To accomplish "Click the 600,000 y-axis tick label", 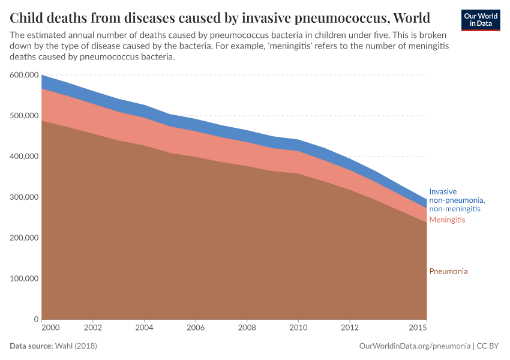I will pos(25,75).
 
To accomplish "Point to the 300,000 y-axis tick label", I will pos(25,197).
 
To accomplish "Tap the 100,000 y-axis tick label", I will pos(25,279).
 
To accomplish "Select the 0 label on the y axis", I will pos(37,320).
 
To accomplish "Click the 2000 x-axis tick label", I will pos(50,328).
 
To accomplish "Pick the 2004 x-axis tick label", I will pos(144,328).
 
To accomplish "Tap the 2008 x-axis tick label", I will pos(247,328).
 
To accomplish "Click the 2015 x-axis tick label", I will pos(417,328).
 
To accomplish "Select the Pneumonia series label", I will pos(448,271).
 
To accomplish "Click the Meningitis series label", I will pos(447,220).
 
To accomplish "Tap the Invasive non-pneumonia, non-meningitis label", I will pos(457,200).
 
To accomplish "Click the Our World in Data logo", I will pos(481,20).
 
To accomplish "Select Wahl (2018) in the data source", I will pos(76,346).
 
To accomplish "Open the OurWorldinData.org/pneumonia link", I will pos(414,346).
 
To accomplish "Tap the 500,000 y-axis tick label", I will pos(25,116).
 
